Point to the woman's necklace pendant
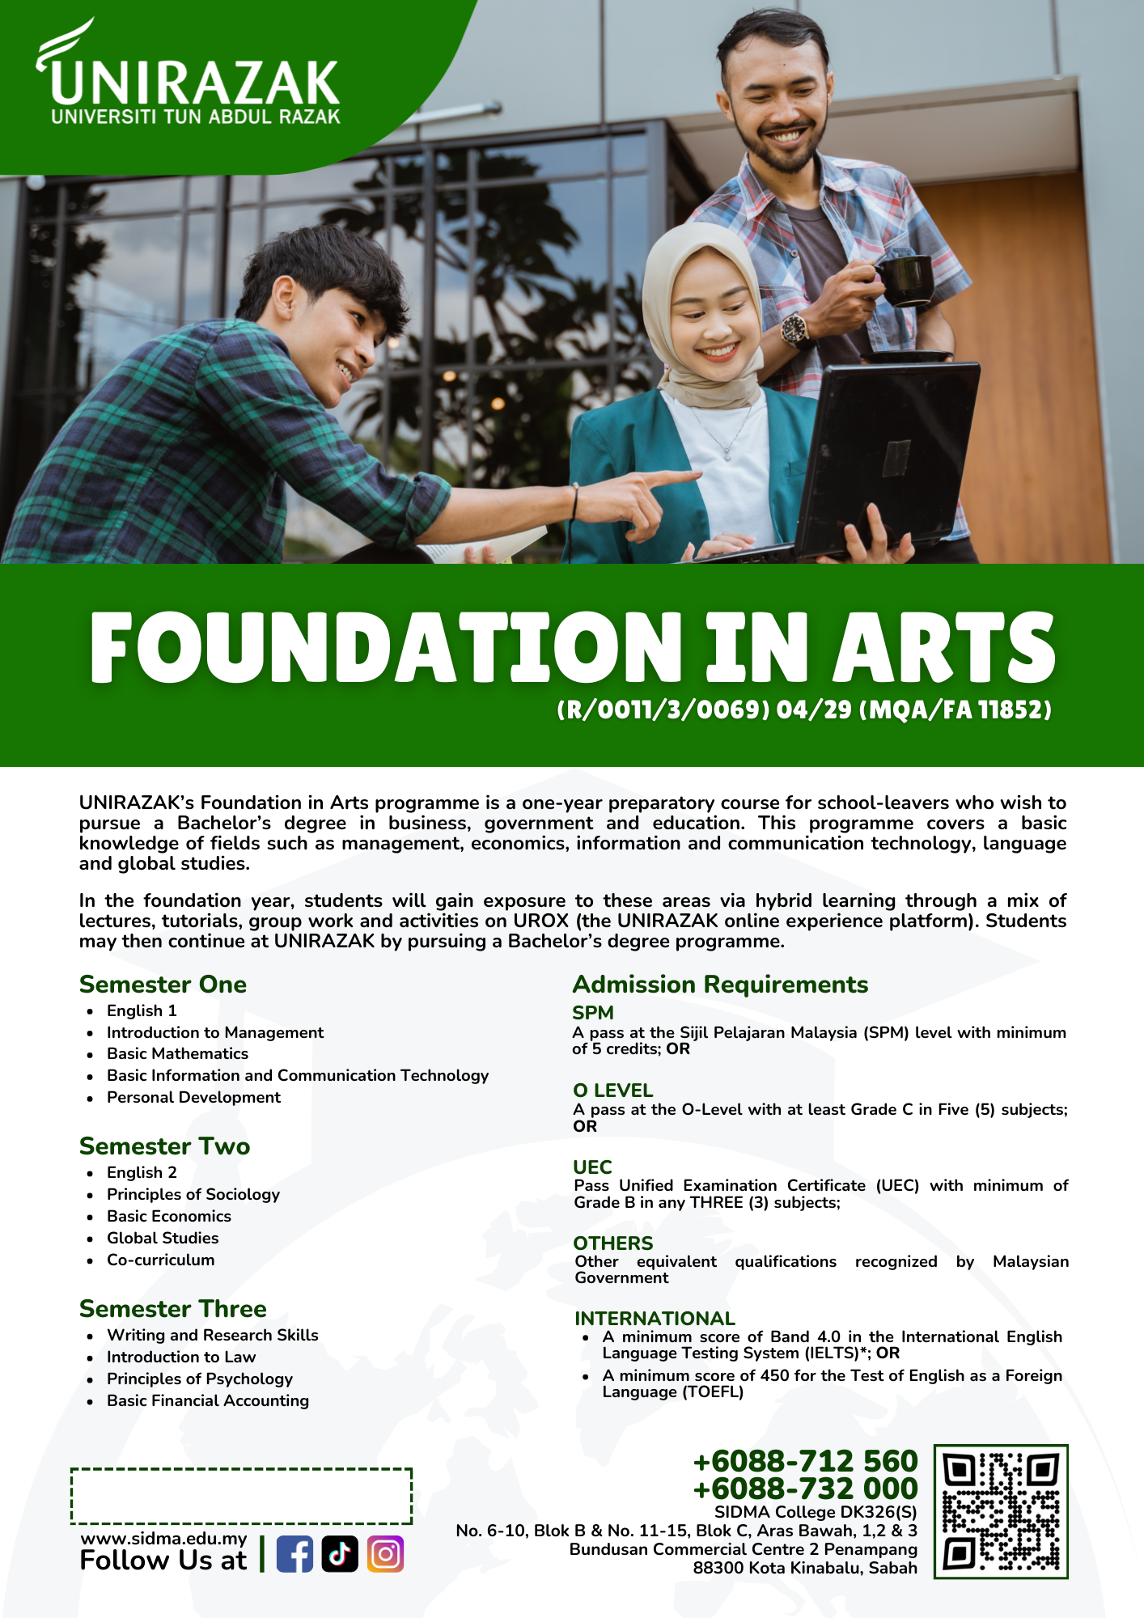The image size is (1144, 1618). coord(727,455)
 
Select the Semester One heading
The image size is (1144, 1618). coord(163,985)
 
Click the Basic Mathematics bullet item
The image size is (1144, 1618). coord(177,1053)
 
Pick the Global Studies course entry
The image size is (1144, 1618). coord(163,1238)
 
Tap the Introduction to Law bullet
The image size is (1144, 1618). coord(181,1357)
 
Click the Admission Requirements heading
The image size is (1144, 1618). coord(720,985)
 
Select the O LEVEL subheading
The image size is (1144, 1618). coord(612,1090)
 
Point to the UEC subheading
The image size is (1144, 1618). coord(592,1167)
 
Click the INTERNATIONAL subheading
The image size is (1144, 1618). coord(655,1318)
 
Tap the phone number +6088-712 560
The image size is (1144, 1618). coord(805,1461)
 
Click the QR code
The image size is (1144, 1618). coord(1001,1511)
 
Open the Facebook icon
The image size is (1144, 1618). coord(294,1554)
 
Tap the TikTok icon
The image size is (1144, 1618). coord(340,1554)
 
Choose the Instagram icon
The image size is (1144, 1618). coord(385,1554)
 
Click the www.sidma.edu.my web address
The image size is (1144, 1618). coord(163,1538)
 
